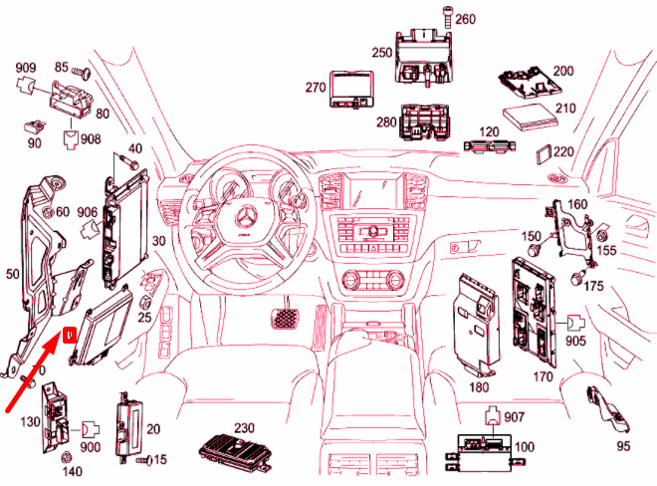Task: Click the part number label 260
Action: tap(467, 19)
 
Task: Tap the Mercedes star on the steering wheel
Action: tap(245, 223)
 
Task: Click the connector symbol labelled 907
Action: tap(494, 419)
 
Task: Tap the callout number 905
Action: tap(577, 341)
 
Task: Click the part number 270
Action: tap(316, 88)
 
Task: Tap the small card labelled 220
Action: tap(544, 152)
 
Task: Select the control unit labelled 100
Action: tap(484, 453)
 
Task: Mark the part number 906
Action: tap(87, 212)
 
